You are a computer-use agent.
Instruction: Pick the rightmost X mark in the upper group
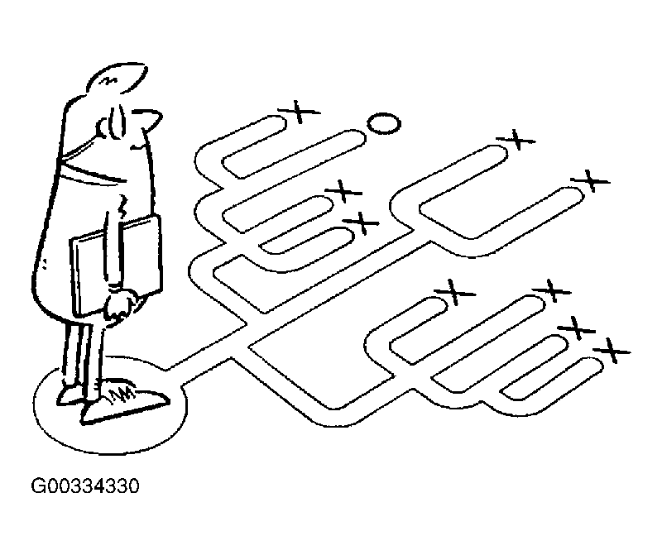click(x=590, y=179)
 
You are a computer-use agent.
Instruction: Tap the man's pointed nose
click(x=151, y=122)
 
